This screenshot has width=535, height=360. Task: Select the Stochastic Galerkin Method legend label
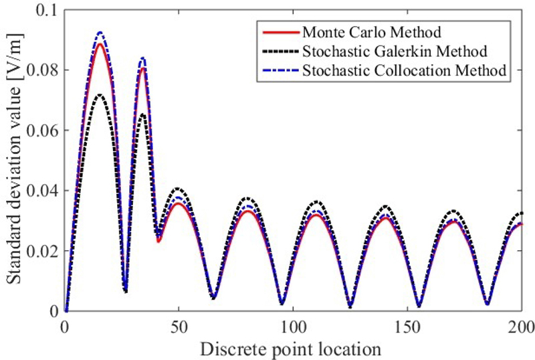click(x=394, y=51)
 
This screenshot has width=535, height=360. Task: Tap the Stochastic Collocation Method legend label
click(x=403, y=70)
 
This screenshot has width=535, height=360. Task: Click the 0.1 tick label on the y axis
click(x=46, y=10)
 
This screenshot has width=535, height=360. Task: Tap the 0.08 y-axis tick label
click(x=41, y=70)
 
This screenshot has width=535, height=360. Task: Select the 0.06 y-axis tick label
click(x=41, y=130)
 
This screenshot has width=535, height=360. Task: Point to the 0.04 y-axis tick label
click(x=41, y=191)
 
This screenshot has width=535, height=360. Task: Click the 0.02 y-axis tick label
click(x=41, y=251)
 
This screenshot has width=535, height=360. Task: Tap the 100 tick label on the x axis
click(x=292, y=327)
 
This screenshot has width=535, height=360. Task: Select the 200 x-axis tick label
click(x=520, y=327)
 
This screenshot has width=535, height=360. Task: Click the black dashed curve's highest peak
click(x=100, y=95)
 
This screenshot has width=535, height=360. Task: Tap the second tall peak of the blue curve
click(x=142, y=58)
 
